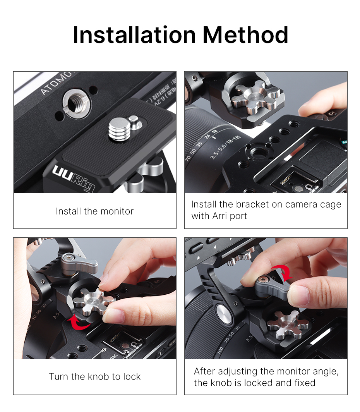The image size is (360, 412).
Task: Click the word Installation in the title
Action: click(134, 35)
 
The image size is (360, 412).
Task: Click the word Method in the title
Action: click(245, 35)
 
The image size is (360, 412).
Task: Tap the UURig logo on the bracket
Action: click(74, 178)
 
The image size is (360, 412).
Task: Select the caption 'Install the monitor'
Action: click(95, 211)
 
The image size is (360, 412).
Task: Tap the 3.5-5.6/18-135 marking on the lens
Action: click(225, 147)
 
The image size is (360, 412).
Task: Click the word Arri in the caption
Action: click(219, 216)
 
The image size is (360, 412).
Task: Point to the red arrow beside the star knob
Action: click(79, 322)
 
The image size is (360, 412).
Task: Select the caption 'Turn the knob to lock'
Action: click(95, 376)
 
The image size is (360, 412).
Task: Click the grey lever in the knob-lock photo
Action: click(79, 264)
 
